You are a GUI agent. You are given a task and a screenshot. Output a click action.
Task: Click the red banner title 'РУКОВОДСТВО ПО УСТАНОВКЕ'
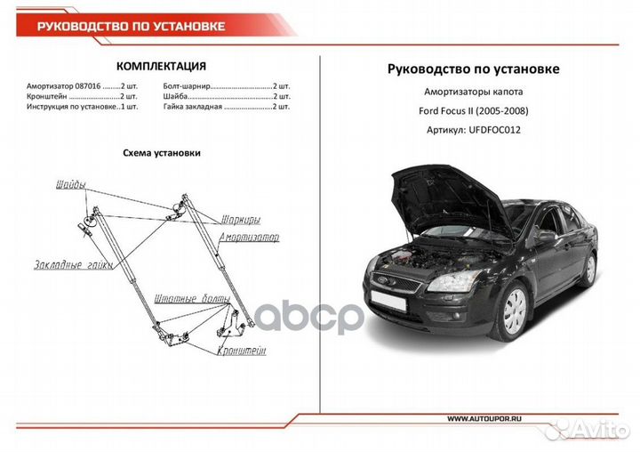click(x=132, y=26)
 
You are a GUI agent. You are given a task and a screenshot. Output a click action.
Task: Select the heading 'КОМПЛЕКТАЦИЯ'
click(x=162, y=67)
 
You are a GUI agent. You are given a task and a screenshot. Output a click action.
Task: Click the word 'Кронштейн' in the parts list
click(x=47, y=95)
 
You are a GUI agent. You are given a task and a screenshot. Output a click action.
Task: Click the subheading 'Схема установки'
click(x=161, y=152)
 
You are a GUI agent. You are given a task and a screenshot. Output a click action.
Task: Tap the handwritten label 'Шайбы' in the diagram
click(x=70, y=184)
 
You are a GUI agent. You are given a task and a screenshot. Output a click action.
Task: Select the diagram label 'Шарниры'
click(x=240, y=220)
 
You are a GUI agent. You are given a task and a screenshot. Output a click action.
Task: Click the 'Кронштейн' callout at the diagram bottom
click(x=241, y=351)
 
